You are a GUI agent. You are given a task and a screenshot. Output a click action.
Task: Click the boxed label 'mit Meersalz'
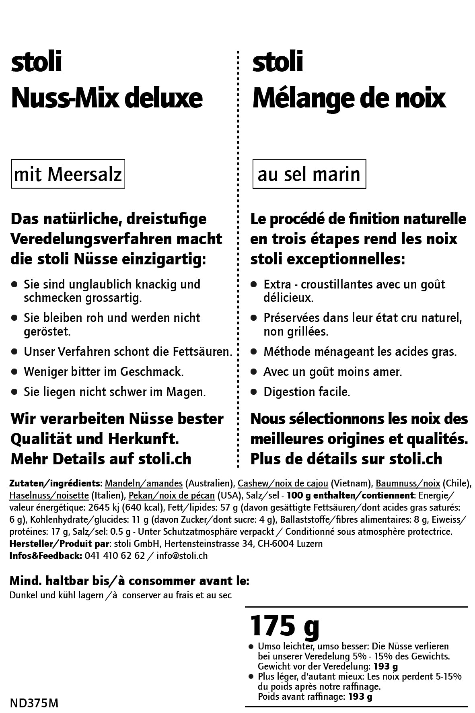coord(68,174)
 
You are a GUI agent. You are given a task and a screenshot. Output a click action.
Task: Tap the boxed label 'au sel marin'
coord(309,174)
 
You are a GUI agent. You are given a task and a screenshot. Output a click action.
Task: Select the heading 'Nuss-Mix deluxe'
coord(107,98)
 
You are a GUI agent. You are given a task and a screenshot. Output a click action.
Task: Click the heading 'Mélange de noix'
coord(349,98)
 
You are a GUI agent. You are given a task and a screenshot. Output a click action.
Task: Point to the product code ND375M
coord(34,703)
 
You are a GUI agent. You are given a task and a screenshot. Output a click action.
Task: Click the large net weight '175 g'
coord(284,626)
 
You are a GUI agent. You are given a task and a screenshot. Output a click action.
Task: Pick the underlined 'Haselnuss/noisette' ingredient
coord(49,495)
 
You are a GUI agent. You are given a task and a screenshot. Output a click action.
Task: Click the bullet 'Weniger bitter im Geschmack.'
coord(103,371)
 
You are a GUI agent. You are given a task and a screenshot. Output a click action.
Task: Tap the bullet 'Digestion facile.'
coord(306,392)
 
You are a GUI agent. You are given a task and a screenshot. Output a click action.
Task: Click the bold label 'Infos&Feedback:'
coord(45,556)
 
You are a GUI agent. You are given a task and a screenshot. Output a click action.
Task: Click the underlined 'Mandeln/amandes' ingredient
coord(144,483)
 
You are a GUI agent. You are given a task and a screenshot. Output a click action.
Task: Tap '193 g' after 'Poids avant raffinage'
coord(360,697)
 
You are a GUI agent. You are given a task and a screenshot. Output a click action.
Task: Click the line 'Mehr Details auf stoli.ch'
coord(101,459)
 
